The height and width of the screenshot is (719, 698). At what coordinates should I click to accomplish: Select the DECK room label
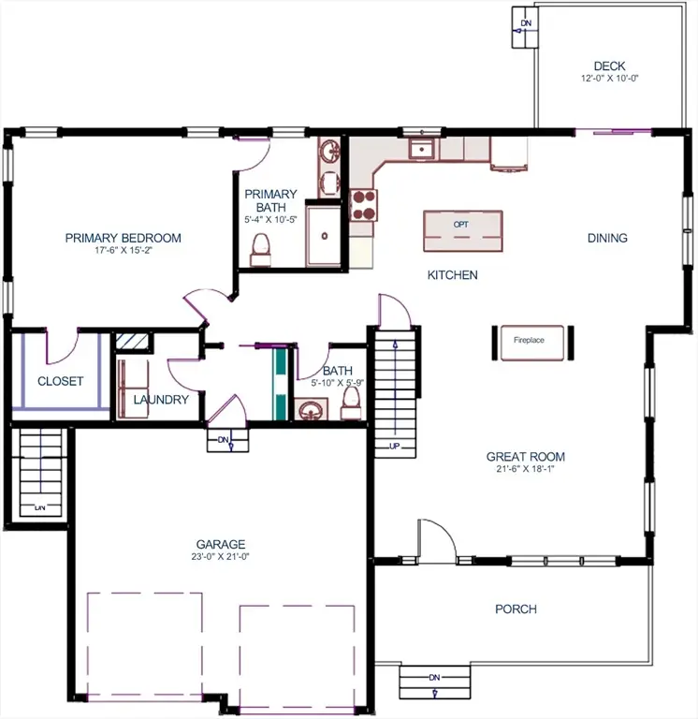(609, 66)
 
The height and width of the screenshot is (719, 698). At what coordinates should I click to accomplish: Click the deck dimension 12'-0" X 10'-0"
(609, 80)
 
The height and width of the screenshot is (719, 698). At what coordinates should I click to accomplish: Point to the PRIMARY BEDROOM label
(123, 238)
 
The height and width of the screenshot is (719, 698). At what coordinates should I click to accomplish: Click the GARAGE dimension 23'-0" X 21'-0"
(221, 556)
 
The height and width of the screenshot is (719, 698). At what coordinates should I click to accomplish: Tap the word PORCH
(516, 609)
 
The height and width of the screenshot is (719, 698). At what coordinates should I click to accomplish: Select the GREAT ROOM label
(525, 457)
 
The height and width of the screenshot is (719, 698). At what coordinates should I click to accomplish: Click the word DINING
(607, 238)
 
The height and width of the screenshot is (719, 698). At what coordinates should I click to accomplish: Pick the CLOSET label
(60, 381)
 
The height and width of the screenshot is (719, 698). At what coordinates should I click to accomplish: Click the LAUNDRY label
(161, 400)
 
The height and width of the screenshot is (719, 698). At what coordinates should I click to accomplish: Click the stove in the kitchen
(362, 204)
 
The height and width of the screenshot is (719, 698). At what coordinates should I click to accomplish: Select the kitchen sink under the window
(422, 148)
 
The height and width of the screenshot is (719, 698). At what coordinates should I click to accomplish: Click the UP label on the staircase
(394, 445)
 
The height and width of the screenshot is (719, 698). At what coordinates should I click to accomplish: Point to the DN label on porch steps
(434, 677)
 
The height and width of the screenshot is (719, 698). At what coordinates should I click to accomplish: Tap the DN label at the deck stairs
(526, 22)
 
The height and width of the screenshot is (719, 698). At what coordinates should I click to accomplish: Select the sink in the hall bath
(310, 409)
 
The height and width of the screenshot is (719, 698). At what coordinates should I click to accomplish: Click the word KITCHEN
(453, 275)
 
